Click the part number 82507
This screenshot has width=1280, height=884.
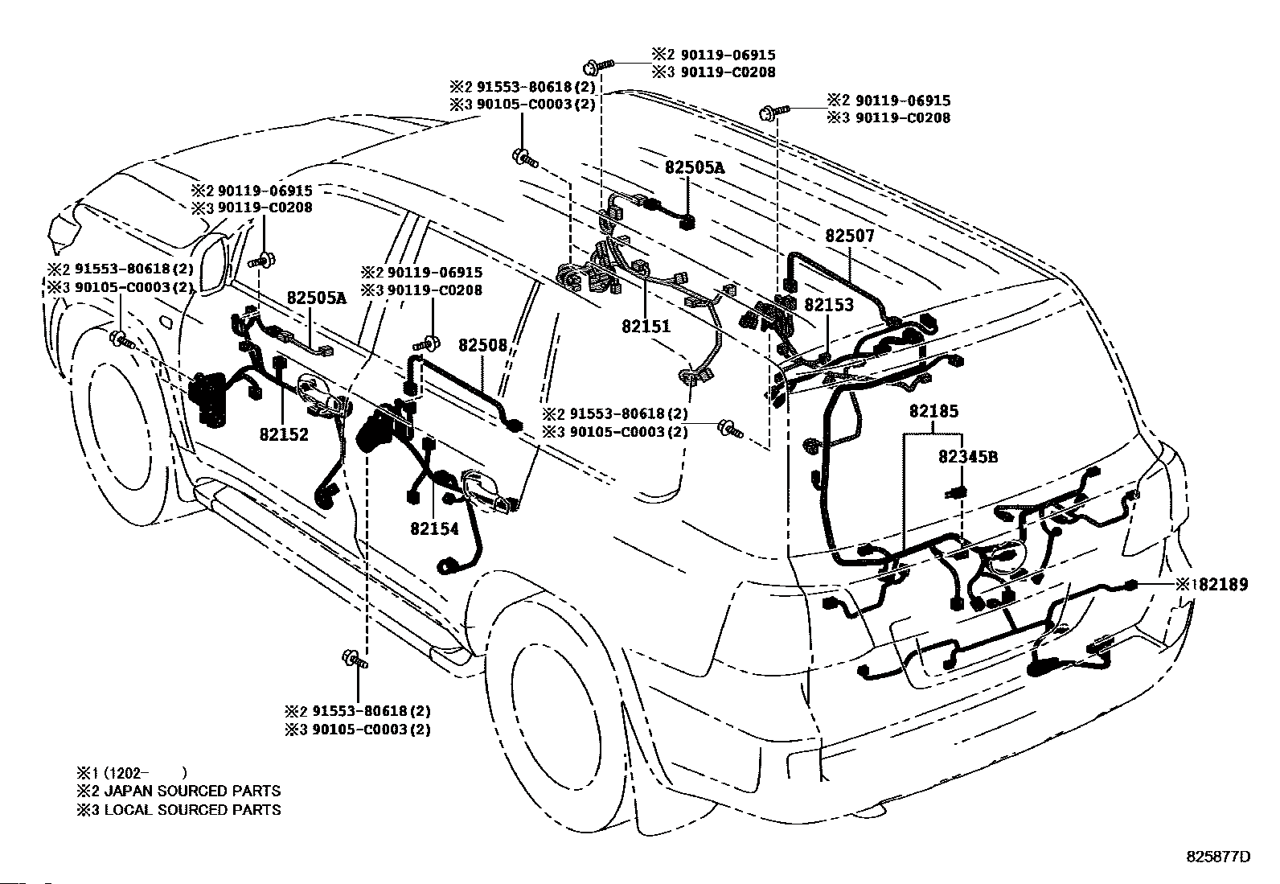click(x=850, y=236)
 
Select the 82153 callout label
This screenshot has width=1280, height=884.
click(x=829, y=305)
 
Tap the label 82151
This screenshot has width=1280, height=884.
click(x=646, y=327)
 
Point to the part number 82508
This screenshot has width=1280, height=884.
click(x=483, y=345)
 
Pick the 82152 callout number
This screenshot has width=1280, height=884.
click(x=284, y=434)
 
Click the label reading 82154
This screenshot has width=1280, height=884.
click(x=434, y=529)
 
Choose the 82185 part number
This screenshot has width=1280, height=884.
click(x=934, y=411)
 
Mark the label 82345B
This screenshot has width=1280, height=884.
click(x=968, y=457)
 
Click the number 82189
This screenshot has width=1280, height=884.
click(x=1223, y=585)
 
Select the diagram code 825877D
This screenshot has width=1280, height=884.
click(x=1218, y=857)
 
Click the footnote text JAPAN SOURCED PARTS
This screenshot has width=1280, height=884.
click(x=193, y=791)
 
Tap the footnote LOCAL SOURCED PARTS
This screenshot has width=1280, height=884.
click(x=193, y=810)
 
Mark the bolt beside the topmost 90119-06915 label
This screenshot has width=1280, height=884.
click(x=597, y=67)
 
